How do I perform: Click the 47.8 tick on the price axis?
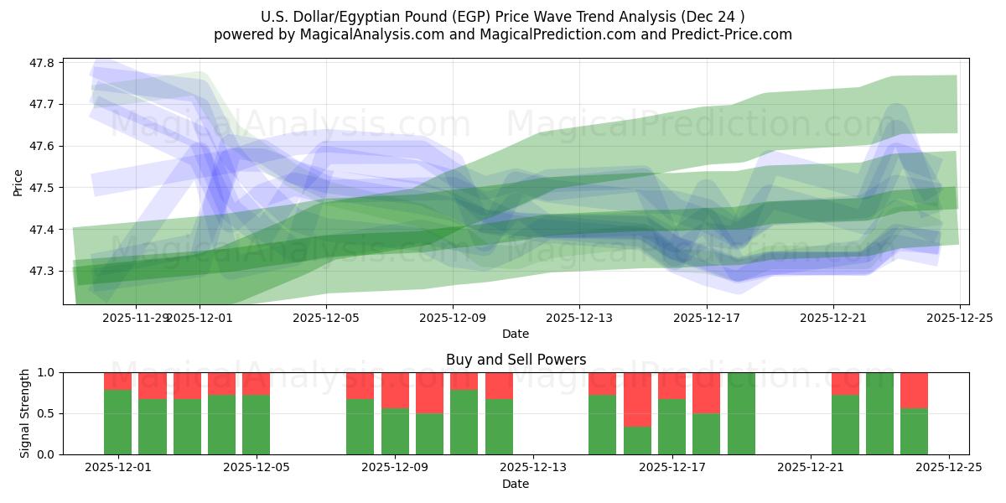pos(43,63)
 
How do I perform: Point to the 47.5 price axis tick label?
pos(43,188)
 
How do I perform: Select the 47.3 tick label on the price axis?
pos(43,272)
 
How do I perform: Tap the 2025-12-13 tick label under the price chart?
pos(579,319)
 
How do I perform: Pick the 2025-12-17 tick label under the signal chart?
pos(672,468)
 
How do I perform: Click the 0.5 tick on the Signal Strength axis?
pos(46,413)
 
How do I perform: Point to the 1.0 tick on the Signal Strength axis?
pos(46,372)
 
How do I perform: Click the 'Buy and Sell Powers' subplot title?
pos(516,360)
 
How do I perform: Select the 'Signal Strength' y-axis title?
pos(25,412)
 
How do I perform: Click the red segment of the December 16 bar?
pos(637,399)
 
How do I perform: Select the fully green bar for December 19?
pos(741,413)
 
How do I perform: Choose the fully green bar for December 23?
pos(879,413)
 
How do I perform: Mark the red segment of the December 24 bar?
pos(914,390)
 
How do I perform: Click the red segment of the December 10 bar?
pos(464,381)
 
